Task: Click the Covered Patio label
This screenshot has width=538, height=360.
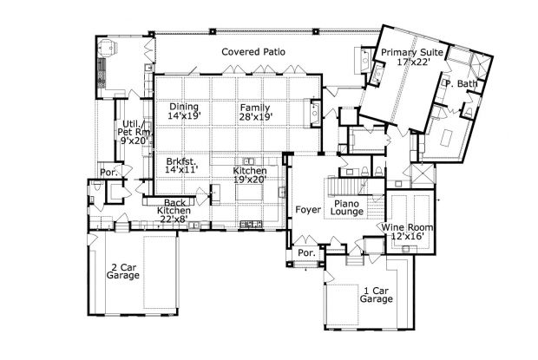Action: pyautogui.click(x=253, y=52)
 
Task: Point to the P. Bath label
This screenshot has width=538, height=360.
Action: pyautogui.click(x=461, y=83)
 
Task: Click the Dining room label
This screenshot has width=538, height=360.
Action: pyautogui.click(x=183, y=107)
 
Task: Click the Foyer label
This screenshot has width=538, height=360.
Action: pyautogui.click(x=307, y=209)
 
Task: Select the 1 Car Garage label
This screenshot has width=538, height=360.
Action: pyautogui.click(x=377, y=294)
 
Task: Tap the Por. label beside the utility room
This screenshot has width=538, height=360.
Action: pyautogui.click(x=108, y=173)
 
